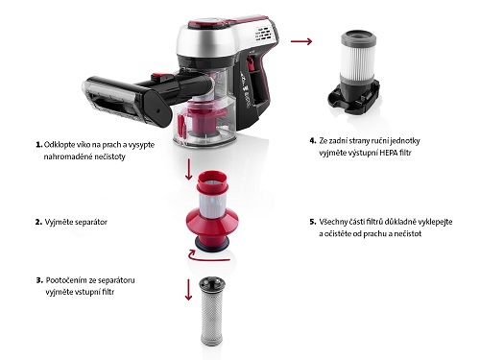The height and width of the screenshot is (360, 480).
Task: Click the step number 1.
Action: [39, 145]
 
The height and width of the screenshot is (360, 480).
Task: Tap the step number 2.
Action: [38, 222]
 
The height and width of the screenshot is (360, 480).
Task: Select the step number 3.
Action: [39, 280]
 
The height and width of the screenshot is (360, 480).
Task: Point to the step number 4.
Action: [313, 140]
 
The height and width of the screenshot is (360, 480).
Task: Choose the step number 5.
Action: [313, 222]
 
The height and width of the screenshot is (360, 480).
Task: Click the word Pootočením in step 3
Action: [65, 280]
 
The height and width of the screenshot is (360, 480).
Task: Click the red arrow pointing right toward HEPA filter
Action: [301, 41]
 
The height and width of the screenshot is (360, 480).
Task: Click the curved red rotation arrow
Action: [208, 255]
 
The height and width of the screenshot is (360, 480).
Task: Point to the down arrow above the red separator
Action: [189, 168]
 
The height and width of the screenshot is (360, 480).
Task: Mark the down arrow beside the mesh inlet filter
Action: [188, 290]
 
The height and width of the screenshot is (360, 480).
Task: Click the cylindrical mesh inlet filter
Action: [212, 312]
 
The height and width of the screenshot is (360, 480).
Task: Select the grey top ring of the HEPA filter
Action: [359, 39]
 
